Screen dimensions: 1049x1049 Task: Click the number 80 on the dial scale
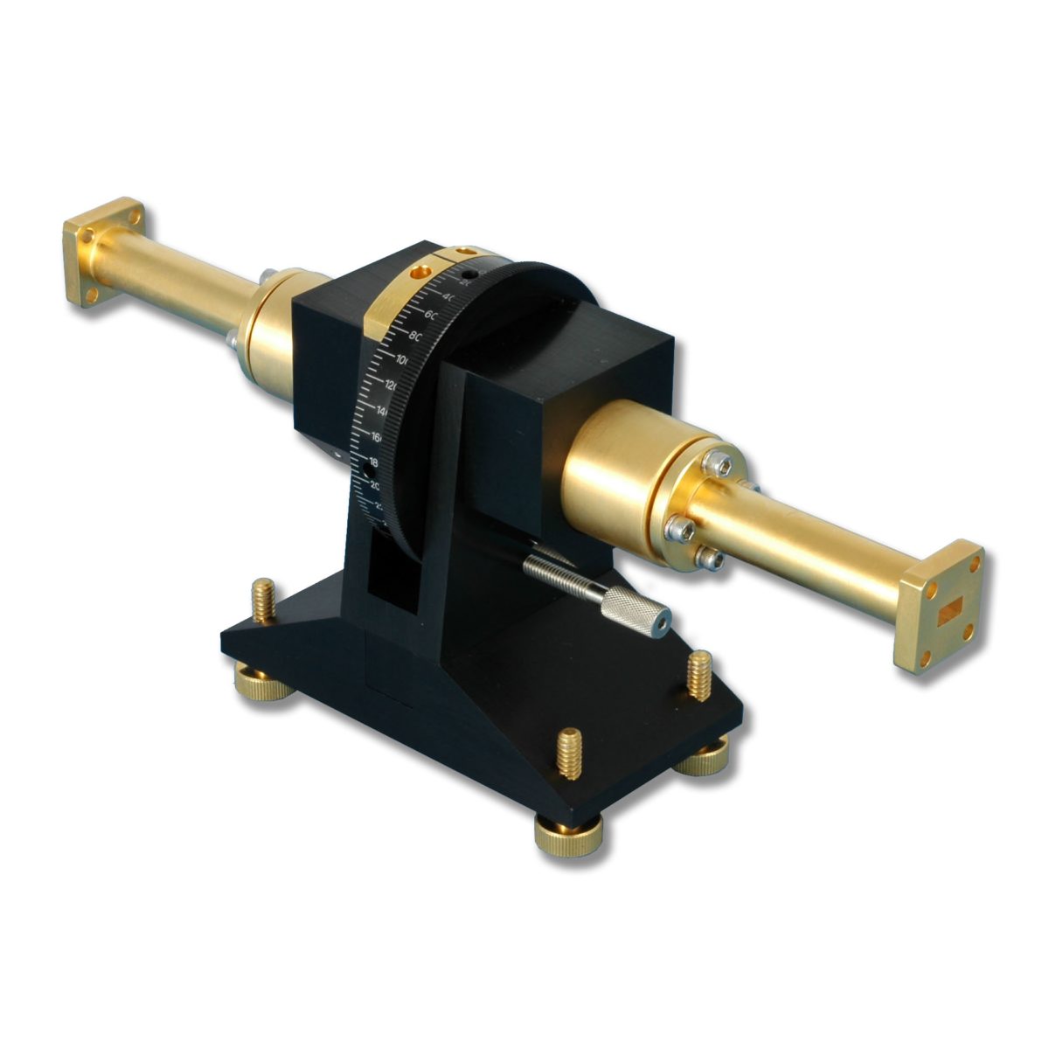415,336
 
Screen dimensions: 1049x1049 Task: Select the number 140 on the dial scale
383,410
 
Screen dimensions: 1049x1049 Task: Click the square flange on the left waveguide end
103,252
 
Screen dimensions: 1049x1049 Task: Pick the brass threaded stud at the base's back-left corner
261,600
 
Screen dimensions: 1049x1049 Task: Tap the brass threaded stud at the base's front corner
570,753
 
